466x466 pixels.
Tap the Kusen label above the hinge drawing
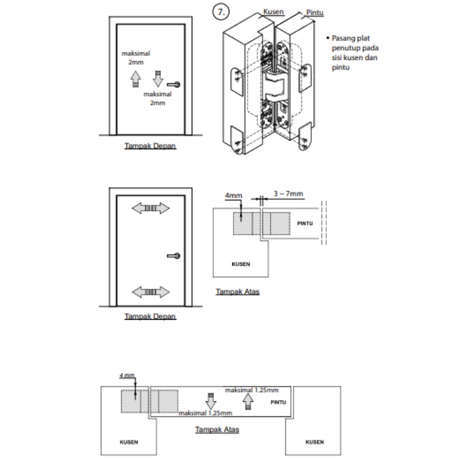click(x=273, y=11)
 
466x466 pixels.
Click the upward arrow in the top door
click(x=135, y=77)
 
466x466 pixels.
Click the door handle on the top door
click(x=174, y=84)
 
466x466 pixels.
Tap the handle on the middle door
click(x=174, y=255)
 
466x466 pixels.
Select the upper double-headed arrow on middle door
click(x=149, y=207)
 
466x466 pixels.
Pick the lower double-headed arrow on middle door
click(x=149, y=291)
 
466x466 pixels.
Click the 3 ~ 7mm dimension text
click(x=288, y=194)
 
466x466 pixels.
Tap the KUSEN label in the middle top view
click(x=241, y=264)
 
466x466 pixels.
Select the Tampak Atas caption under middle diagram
click(x=237, y=291)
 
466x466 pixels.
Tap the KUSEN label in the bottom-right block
click(x=314, y=442)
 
